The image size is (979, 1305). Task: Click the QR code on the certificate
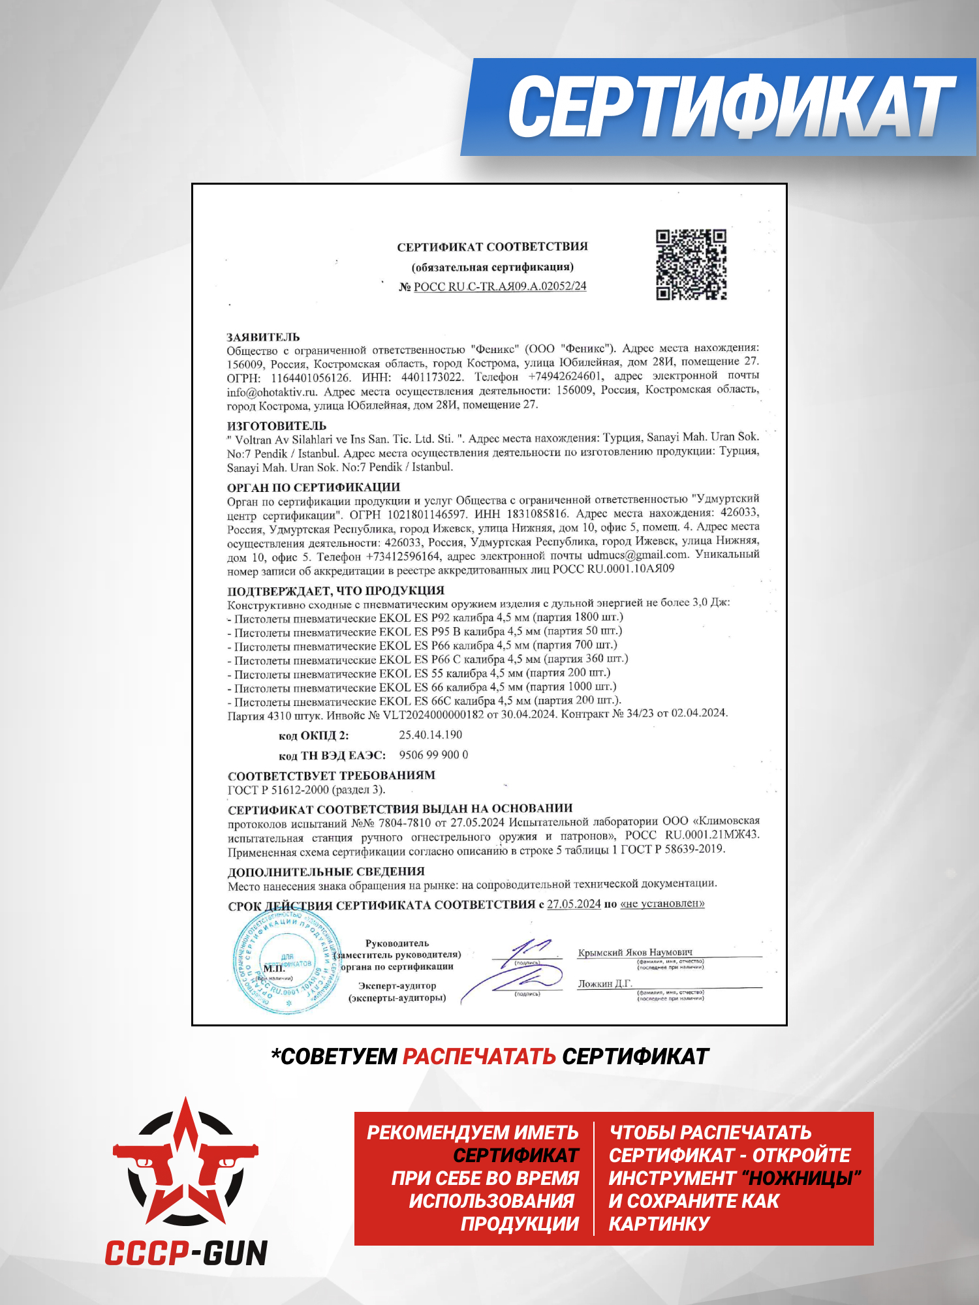pyautogui.click(x=691, y=264)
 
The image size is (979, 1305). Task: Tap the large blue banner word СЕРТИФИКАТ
pyautogui.click(x=731, y=106)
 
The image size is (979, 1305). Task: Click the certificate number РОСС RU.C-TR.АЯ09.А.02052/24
pyautogui.click(x=500, y=286)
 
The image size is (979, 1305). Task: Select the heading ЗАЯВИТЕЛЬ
pyautogui.click(x=263, y=337)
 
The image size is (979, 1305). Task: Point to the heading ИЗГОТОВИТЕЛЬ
pyautogui.click(x=277, y=425)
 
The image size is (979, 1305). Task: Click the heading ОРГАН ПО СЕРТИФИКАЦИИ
pyautogui.click(x=313, y=487)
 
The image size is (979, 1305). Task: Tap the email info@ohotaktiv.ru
pyautogui.click(x=272, y=392)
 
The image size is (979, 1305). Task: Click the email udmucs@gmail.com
pyautogui.click(x=637, y=555)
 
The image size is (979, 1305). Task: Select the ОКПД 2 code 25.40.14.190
pyautogui.click(x=430, y=735)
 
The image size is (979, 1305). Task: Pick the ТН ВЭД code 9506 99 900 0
pyautogui.click(x=433, y=755)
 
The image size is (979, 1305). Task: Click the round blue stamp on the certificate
pyautogui.click(x=285, y=961)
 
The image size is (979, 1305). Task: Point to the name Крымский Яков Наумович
pyautogui.click(x=635, y=953)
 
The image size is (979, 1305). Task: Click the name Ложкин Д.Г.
pyautogui.click(x=605, y=984)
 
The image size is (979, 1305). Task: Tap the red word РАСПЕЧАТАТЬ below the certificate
pyautogui.click(x=479, y=1056)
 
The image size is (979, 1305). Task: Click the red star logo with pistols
pyautogui.click(x=185, y=1162)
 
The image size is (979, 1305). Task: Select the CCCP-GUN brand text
pyautogui.click(x=187, y=1253)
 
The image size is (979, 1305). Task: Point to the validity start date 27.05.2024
pyautogui.click(x=574, y=904)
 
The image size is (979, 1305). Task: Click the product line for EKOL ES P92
pyautogui.click(x=428, y=617)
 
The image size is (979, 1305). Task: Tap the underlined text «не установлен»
pyautogui.click(x=662, y=904)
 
